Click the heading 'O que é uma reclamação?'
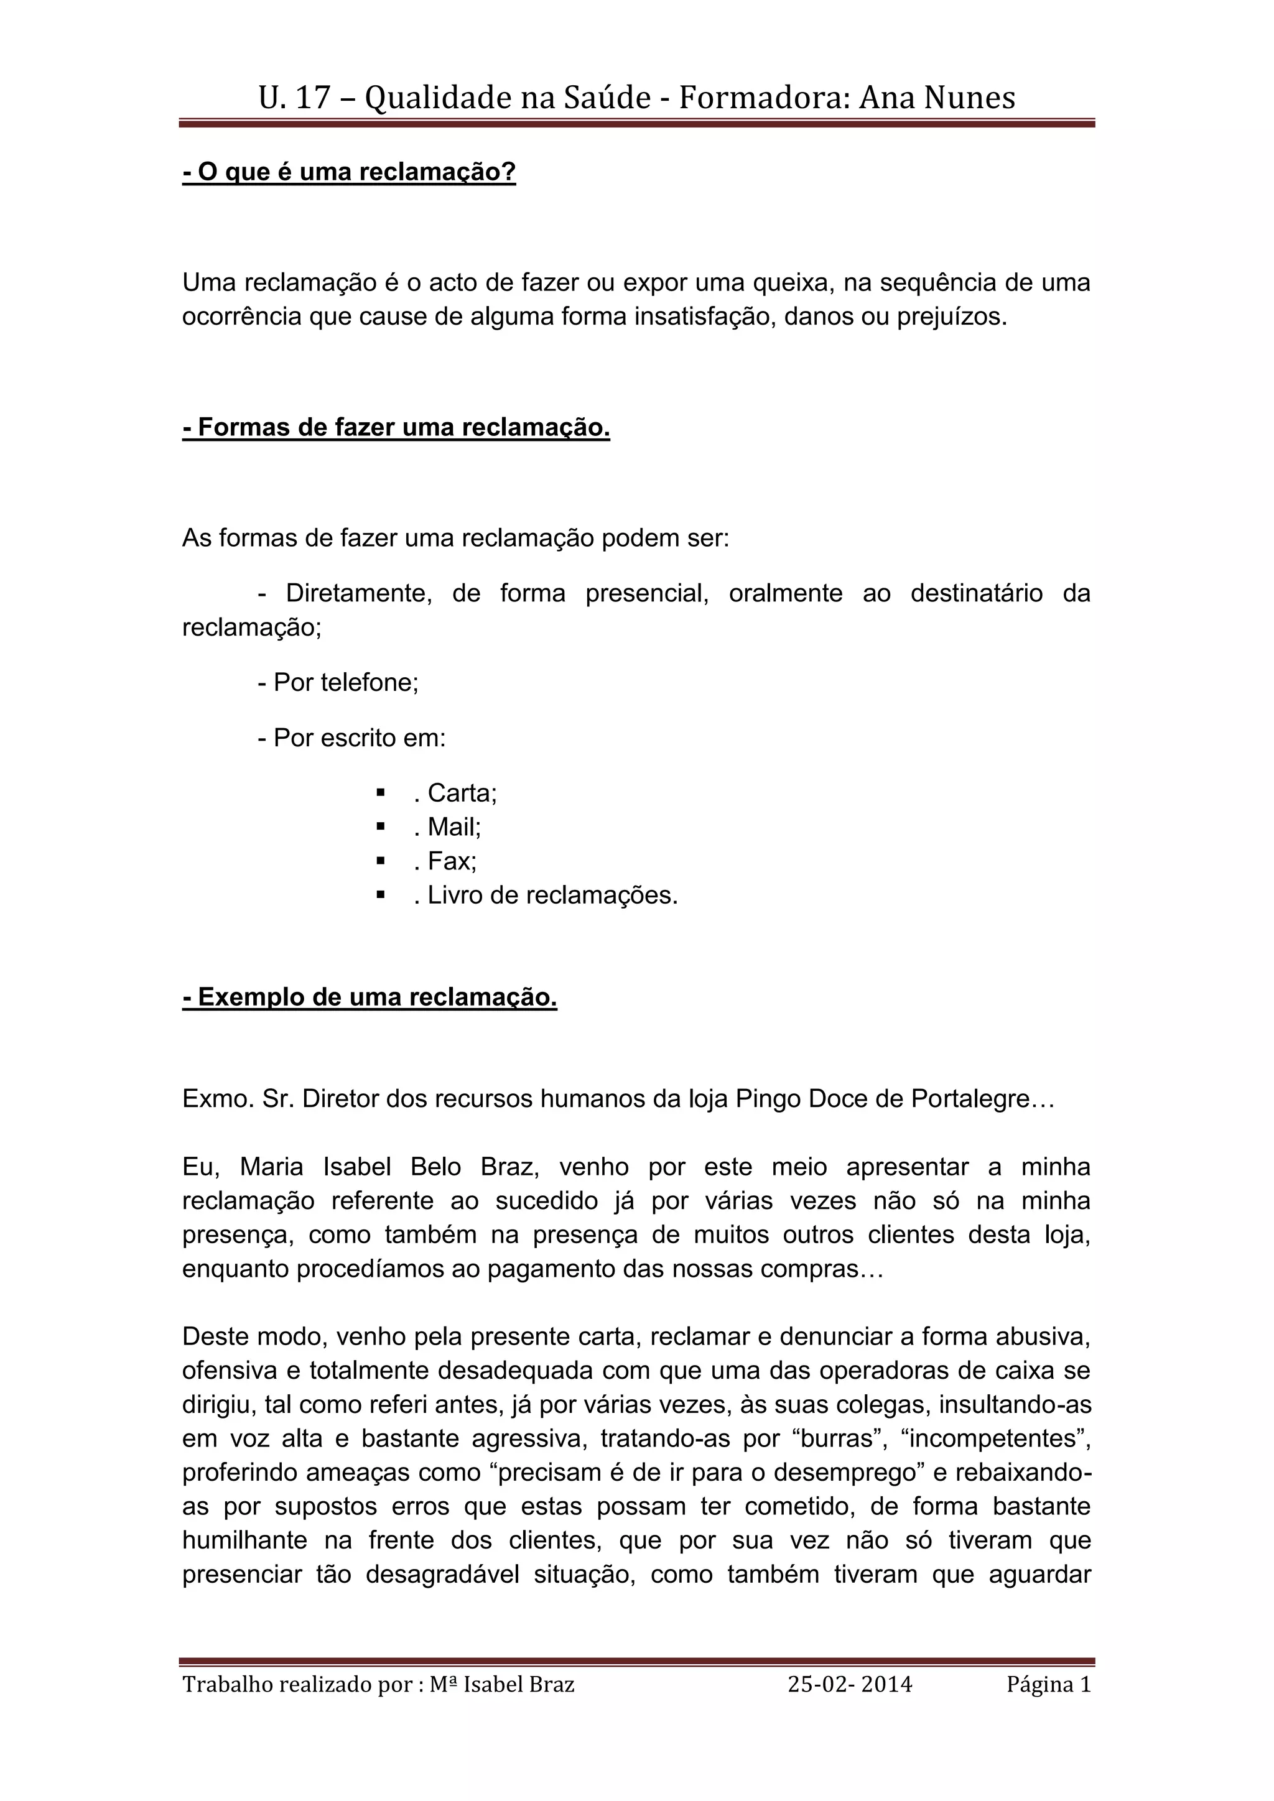[x=349, y=172]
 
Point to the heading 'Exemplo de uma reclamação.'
[x=370, y=997]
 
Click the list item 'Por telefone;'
[x=338, y=682]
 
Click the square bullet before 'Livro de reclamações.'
[x=381, y=894]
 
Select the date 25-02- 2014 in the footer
[x=850, y=1684]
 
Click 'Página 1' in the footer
[x=1049, y=1684]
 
